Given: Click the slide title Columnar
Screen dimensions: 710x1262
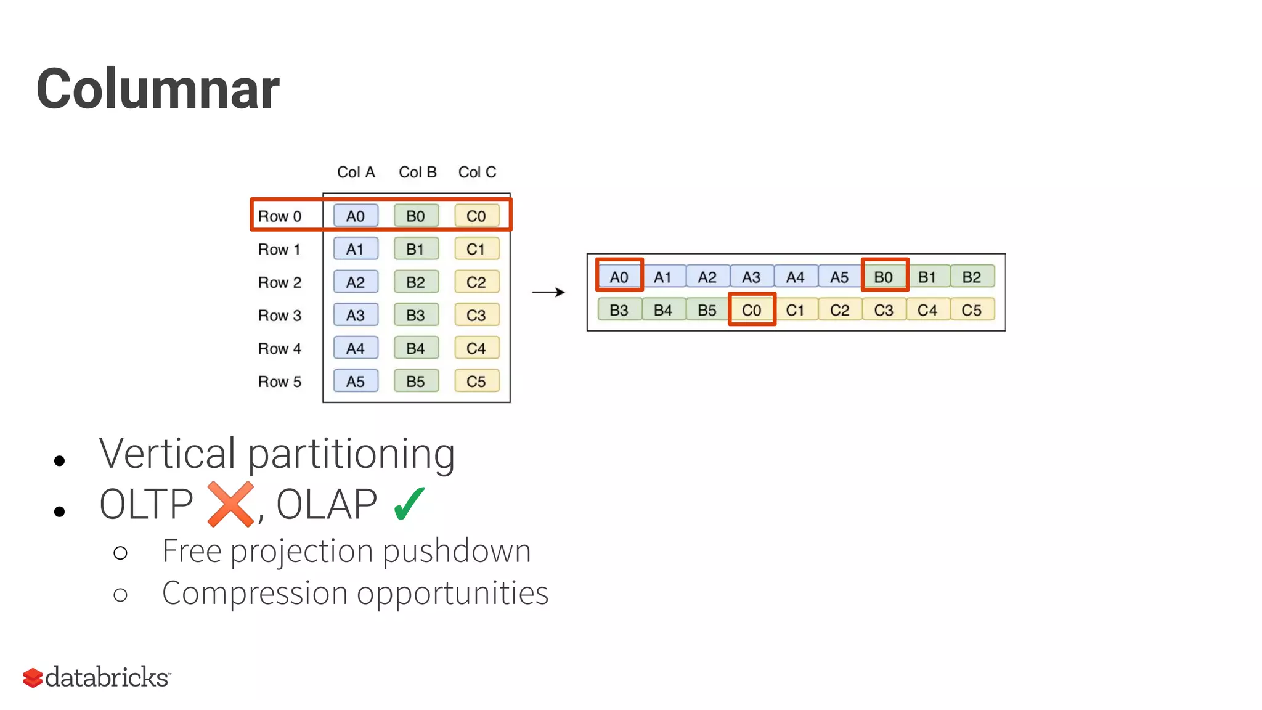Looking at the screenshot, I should pyautogui.click(x=158, y=89).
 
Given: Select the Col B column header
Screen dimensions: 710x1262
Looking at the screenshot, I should pyautogui.click(x=417, y=172).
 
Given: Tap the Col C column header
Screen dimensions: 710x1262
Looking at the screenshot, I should pyautogui.click(x=477, y=172).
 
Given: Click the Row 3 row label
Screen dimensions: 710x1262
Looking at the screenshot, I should pyautogui.click(x=279, y=316).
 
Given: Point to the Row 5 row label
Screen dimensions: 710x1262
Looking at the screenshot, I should pyautogui.click(x=279, y=382).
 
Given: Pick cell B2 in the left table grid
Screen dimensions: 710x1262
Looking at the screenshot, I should pyautogui.click(x=416, y=282).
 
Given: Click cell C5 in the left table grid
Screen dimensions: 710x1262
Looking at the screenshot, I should pyautogui.click(x=476, y=382).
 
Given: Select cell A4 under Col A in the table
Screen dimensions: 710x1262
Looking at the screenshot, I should pyautogui.click(x=356, y=348).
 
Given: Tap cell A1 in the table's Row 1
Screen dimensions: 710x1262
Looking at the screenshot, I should pyautogui.click(x=356, y=249).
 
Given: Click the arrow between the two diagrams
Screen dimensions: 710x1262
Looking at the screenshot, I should pyautogui.click(x=548, y=292).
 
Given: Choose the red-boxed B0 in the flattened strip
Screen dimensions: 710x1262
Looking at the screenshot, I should pyautogui.click(x=884, y=277).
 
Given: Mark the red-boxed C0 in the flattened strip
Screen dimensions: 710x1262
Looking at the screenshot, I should pyautogui.click(x=752, y=310).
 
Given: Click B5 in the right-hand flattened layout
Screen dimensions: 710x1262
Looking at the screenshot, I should pyautogui.click(x=707, y=310).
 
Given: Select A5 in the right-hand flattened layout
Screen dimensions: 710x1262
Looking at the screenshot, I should pyautogui.click(x=839, y=277).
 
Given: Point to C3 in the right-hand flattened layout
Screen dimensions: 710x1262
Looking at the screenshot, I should pyautogui.click(x=884, y=310).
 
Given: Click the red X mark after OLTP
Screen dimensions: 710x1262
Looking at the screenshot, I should pyautogui.click(x=230, y=504).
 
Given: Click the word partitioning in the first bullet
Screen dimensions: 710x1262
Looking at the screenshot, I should pyautogui.click(x=351, y=455).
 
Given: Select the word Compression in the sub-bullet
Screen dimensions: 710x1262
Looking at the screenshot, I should pyautogui.click(x=254, y=593).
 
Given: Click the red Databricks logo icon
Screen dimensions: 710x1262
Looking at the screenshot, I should pyautogui.click(x=33, y=677).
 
